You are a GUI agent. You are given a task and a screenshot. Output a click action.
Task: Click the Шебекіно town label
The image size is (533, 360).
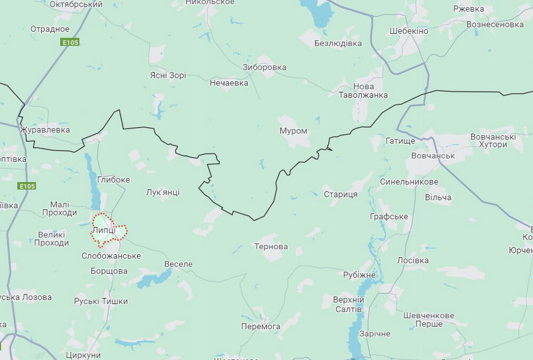click(409, 31)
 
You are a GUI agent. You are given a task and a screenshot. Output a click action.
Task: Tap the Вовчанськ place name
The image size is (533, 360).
click(433, 156)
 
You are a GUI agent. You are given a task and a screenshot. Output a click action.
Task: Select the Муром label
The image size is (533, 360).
click(293, 130)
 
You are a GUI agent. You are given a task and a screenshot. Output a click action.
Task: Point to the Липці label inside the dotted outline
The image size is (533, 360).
click(103, 230)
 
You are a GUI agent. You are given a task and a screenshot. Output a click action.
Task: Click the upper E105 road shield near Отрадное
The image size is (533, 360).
click(70, 42)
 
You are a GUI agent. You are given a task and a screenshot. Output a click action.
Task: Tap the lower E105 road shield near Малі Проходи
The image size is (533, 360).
click(27, 186)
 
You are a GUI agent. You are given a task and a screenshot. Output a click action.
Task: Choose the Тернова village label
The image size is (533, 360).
click(271, 247)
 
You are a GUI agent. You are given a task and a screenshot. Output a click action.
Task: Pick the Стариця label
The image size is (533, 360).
click(341, 194)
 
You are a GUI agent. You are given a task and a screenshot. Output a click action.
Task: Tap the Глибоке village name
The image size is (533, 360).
click(114, 179)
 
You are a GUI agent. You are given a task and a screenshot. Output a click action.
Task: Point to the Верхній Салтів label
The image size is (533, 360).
click(348, 304)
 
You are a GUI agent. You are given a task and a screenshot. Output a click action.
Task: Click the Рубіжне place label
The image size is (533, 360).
click(359, 275)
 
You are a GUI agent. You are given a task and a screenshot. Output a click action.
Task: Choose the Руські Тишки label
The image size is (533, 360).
click(101, 301)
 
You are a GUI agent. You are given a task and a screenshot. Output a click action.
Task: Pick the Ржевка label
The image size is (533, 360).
click(469, 9)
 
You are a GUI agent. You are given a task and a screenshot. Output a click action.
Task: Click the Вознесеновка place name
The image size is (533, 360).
click(495, 24)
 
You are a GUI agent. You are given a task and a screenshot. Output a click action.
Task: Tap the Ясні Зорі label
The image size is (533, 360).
click(168, 75)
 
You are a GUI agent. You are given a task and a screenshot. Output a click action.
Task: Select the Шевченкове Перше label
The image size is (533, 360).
click(429, 320)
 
